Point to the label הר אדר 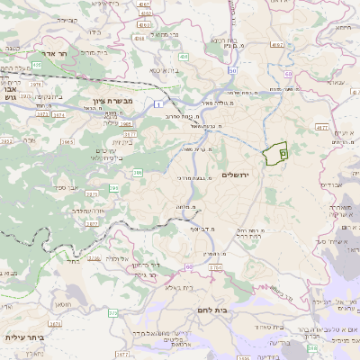(x=42, y=53)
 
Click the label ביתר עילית (x=24, y=337)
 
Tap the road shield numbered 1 (x=158, y=104)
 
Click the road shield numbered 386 (x=138, y=172)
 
